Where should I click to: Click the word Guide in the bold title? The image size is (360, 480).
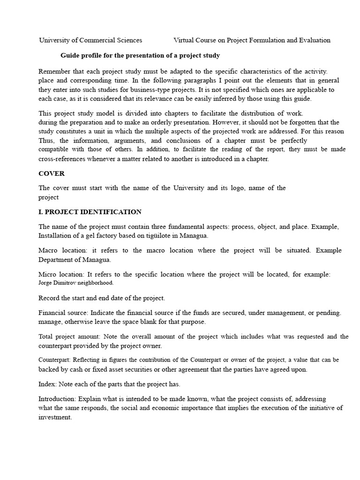[x=70, y=56]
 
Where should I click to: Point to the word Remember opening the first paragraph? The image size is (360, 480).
[x=54, y=71]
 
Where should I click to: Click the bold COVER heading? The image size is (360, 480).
[x=51, y=173]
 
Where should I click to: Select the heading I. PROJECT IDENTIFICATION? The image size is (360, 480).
[x=90, y=212]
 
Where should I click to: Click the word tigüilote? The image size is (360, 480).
[x=150, y=236]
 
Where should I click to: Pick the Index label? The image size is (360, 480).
[x=47, y=384]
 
